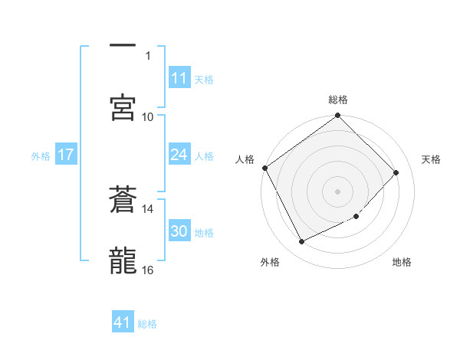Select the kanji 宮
coord(123,107)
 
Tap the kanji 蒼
coord(123,201)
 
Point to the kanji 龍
coord(123,261)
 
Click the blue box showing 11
coord(179,78)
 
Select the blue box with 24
coord(179,155)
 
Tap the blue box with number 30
coord(179,231)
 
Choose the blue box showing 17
coord(66,155)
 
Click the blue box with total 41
coord(123,322)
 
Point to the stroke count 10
coord(148,116)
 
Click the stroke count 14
coord(148,208)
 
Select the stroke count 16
coord(148,270)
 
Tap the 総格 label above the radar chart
coord(338,100)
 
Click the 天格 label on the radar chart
coord(431,159)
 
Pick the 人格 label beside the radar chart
coord(245,159)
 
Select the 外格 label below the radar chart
coord(270,262)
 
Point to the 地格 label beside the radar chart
coord(402,262)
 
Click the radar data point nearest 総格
coord(338,116)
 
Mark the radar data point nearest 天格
coord(396,172)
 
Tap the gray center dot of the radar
coord(338,191)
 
